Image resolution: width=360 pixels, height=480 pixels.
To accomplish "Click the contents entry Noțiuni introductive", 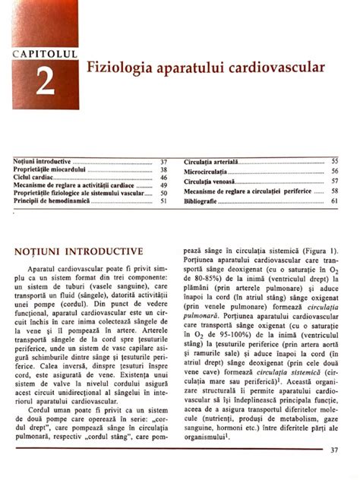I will click(43, 163).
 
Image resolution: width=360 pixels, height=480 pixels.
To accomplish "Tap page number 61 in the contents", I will click(334, 201).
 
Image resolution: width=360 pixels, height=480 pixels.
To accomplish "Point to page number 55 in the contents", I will click(334, 162).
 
